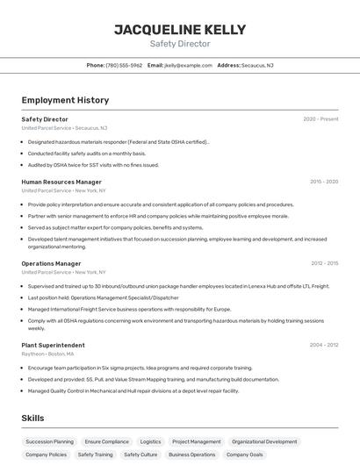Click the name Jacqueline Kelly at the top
pos(179,29)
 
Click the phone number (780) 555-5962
pos(124,65)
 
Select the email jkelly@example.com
pos(188,65)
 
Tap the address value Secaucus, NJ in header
pos(257,65)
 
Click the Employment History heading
pos(65,100)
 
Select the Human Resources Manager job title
pos(61,182)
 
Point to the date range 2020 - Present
pos(320,119)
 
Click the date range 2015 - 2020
pos(324,182)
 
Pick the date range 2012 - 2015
pos(324,263)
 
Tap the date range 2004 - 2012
pos(324,345)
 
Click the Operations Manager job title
pos(51,263)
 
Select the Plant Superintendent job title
pos(53,345)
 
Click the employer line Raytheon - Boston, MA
pos(48,354)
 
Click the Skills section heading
pos(32,418)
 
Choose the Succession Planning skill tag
pos(50,442)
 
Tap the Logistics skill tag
pos(150,442)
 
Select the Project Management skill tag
pos(197,442)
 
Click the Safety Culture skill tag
pos(140,455)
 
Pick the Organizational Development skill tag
pos(264,442)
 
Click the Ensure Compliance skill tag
pos(106,442)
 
